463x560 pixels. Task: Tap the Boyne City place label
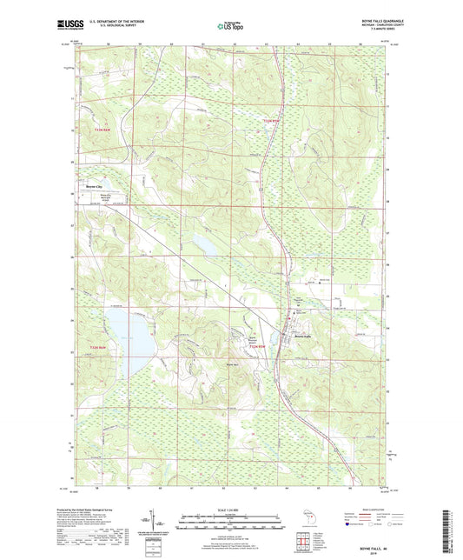click(x=93, y=187)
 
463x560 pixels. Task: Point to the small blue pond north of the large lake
click(x=208, y=244)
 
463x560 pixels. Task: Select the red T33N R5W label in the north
click(x=271, y=119)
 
